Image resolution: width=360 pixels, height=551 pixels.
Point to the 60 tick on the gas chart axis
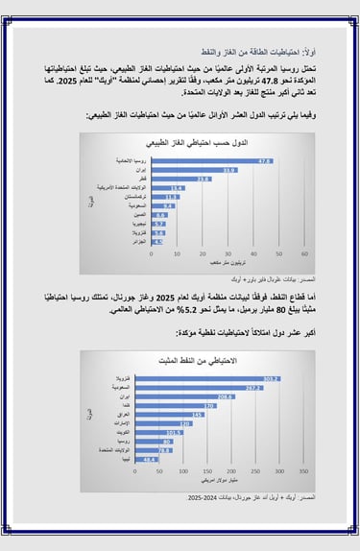point(305,253)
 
